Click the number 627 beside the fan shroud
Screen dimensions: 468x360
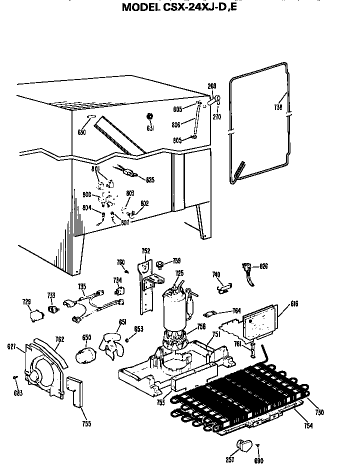click(x=11, y=346)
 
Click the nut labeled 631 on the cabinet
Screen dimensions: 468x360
click(x=149, y=116)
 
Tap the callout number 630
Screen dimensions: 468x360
click(x=81, y=132)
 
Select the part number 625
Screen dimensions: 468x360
click(x=150, y=179)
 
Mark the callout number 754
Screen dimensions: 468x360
click(x=308, y=425)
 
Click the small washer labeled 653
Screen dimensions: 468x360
click(x=127, y=340)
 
